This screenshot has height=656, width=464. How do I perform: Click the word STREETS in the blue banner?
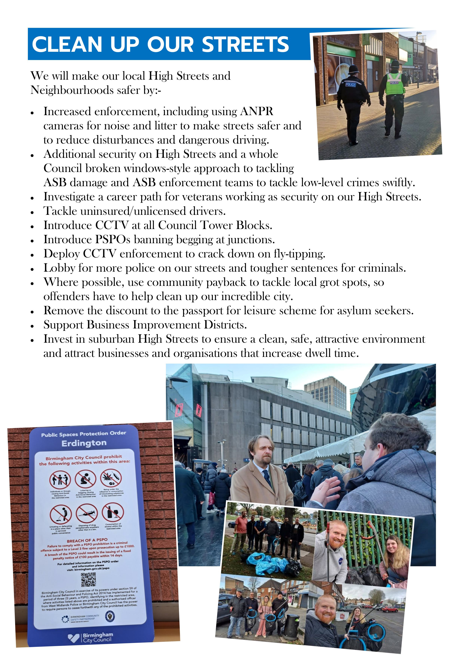pyautogui.click(x=245, y=44)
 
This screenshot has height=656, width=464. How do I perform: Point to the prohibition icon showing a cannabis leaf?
pyautogui.click(x=111, y=478)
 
